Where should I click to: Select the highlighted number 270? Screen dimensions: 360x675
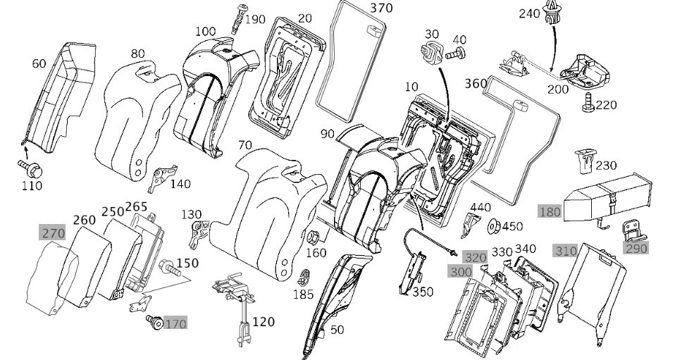click(x=52, y=233)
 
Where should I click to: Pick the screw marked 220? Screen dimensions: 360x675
click(x=586, y=105)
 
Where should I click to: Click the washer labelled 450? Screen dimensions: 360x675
click(x=495, y=225)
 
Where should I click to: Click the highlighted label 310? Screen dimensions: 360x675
click(x=565, y=250)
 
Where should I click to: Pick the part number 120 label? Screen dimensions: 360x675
click(x=263, y=322)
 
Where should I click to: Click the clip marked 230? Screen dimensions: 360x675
click(x=583, y=161)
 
